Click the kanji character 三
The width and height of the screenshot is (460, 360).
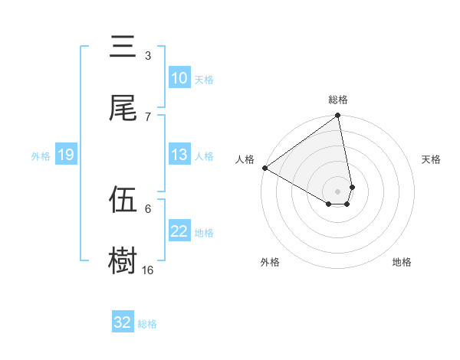(x=123, y=48)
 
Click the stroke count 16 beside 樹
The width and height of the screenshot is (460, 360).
(x=148, y=270)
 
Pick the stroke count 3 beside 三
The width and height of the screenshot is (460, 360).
(x=147, y=56)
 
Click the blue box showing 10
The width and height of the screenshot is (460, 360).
(x=179, y=78)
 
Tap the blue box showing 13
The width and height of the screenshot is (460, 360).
(x=179, y=155)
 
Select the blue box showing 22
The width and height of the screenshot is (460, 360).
(x=179, y=231)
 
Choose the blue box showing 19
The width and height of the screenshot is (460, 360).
(x=66, y=155)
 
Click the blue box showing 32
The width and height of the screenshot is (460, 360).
(x=123, y=322)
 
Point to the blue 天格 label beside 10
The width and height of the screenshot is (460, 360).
(x=204, y=79)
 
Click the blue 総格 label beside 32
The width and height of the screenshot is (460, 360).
(x=147, y=323)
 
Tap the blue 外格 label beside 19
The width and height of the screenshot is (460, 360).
(x=41, y=155)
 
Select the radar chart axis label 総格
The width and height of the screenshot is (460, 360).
(x=338, y=100)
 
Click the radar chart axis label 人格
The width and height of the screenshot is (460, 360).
(x=245, y=159)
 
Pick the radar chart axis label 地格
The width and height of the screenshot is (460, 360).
(x=402, y=262)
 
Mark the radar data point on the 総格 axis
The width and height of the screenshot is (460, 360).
(x=338, y=116)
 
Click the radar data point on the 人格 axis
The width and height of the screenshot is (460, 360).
(x=264, y=168)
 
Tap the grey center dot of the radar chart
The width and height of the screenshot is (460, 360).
(x=338, y=191)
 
